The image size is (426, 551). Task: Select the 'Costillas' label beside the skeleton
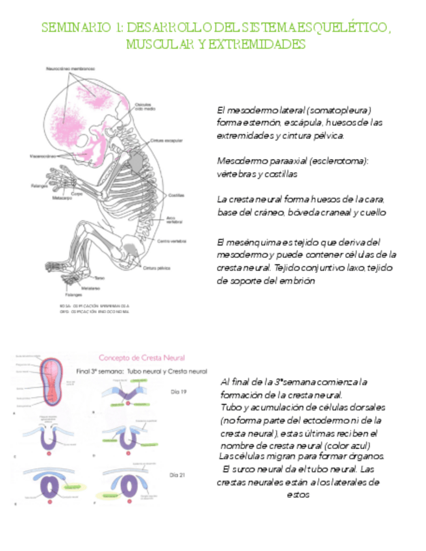177,194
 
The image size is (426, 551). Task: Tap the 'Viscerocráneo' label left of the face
42,156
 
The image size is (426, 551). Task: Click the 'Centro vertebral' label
171,241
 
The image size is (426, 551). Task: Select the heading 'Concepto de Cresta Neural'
141,357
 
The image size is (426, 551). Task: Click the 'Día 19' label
178,392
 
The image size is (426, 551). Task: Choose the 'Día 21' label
178,475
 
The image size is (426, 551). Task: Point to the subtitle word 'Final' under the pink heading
85,371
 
